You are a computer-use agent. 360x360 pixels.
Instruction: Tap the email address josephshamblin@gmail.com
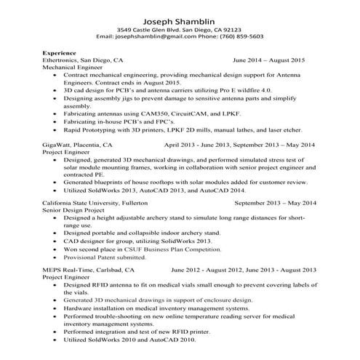[159, 36]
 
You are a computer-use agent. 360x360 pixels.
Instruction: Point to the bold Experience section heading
[60, 53]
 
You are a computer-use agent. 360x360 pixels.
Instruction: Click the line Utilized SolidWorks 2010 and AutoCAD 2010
[129, 339]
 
